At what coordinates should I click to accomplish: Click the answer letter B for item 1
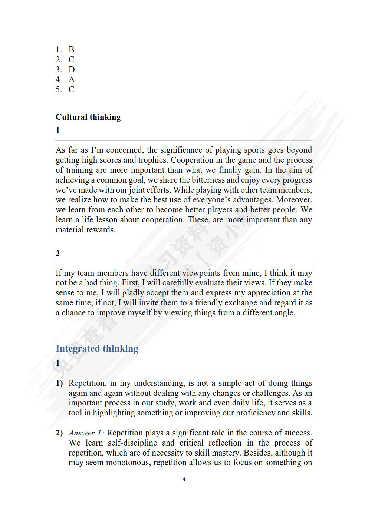71,50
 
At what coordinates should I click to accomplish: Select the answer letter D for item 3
72,70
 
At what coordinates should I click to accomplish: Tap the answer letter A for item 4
72,80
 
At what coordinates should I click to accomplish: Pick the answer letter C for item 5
71,90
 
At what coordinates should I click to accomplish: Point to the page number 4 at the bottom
184,480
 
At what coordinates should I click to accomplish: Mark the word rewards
101,230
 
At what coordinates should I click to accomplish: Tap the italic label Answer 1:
86,433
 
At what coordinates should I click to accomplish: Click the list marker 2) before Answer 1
59,433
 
